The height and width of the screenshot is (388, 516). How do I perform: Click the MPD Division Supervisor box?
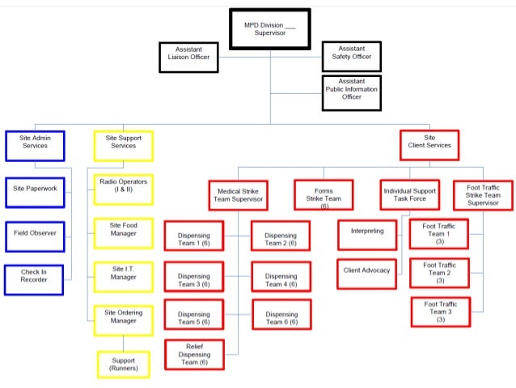tap(269, 28)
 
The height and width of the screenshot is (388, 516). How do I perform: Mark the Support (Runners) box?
tap(123, 365)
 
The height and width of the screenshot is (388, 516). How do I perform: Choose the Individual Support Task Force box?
tap(410, 195)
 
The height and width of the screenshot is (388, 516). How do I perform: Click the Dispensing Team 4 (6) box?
tap(281, 277)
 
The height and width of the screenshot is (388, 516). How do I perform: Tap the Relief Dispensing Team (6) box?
tap(193, 354)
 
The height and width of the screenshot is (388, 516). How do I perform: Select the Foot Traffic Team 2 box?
tap(439, 272)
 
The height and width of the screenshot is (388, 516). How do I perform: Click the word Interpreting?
tap(366, 232)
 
